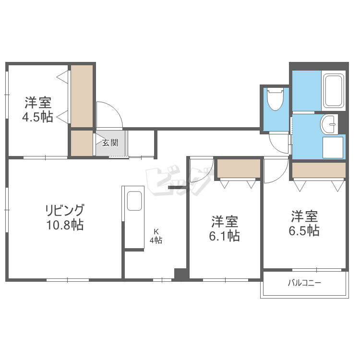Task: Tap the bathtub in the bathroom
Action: pos(333,91)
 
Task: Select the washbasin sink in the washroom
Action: pos(328,124)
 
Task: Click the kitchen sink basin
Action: pos(134,201)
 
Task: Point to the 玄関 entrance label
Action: pos(110,143)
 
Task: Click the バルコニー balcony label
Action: pos(304,283)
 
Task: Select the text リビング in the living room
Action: pos(65,210)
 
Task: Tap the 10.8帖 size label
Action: pos(65,225)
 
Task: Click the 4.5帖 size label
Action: pos(37,117)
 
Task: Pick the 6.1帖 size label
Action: pos(225,236)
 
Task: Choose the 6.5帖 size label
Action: pos(304,230)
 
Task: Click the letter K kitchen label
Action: pos(156,231)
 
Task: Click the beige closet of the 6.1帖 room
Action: pos(239,168)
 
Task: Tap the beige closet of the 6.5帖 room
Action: pos(319,170)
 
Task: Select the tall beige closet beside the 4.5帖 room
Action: pos(82,96)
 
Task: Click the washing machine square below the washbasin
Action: pos(333,148)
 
